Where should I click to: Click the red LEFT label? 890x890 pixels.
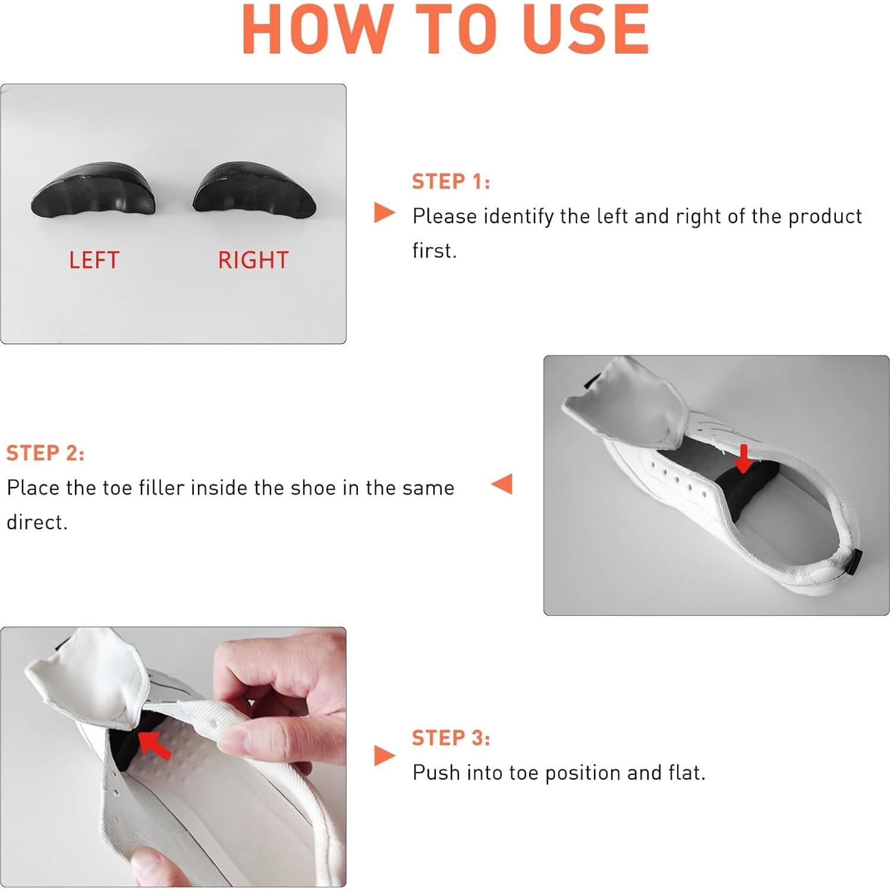point(94,260)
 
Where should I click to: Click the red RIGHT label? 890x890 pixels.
point(253,260)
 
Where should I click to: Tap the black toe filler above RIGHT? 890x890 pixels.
point(254,188)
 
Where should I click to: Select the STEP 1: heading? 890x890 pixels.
point(451,181)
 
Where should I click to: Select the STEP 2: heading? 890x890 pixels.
point(45,453)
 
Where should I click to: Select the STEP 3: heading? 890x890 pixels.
point(451,738)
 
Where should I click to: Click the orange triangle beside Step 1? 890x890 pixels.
point(384,212)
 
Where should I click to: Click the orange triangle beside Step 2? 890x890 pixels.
point(502,483)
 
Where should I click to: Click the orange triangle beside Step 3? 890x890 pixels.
point(384,756)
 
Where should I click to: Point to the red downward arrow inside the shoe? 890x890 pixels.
point(743,458)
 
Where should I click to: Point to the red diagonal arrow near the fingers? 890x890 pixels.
point(154,744)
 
